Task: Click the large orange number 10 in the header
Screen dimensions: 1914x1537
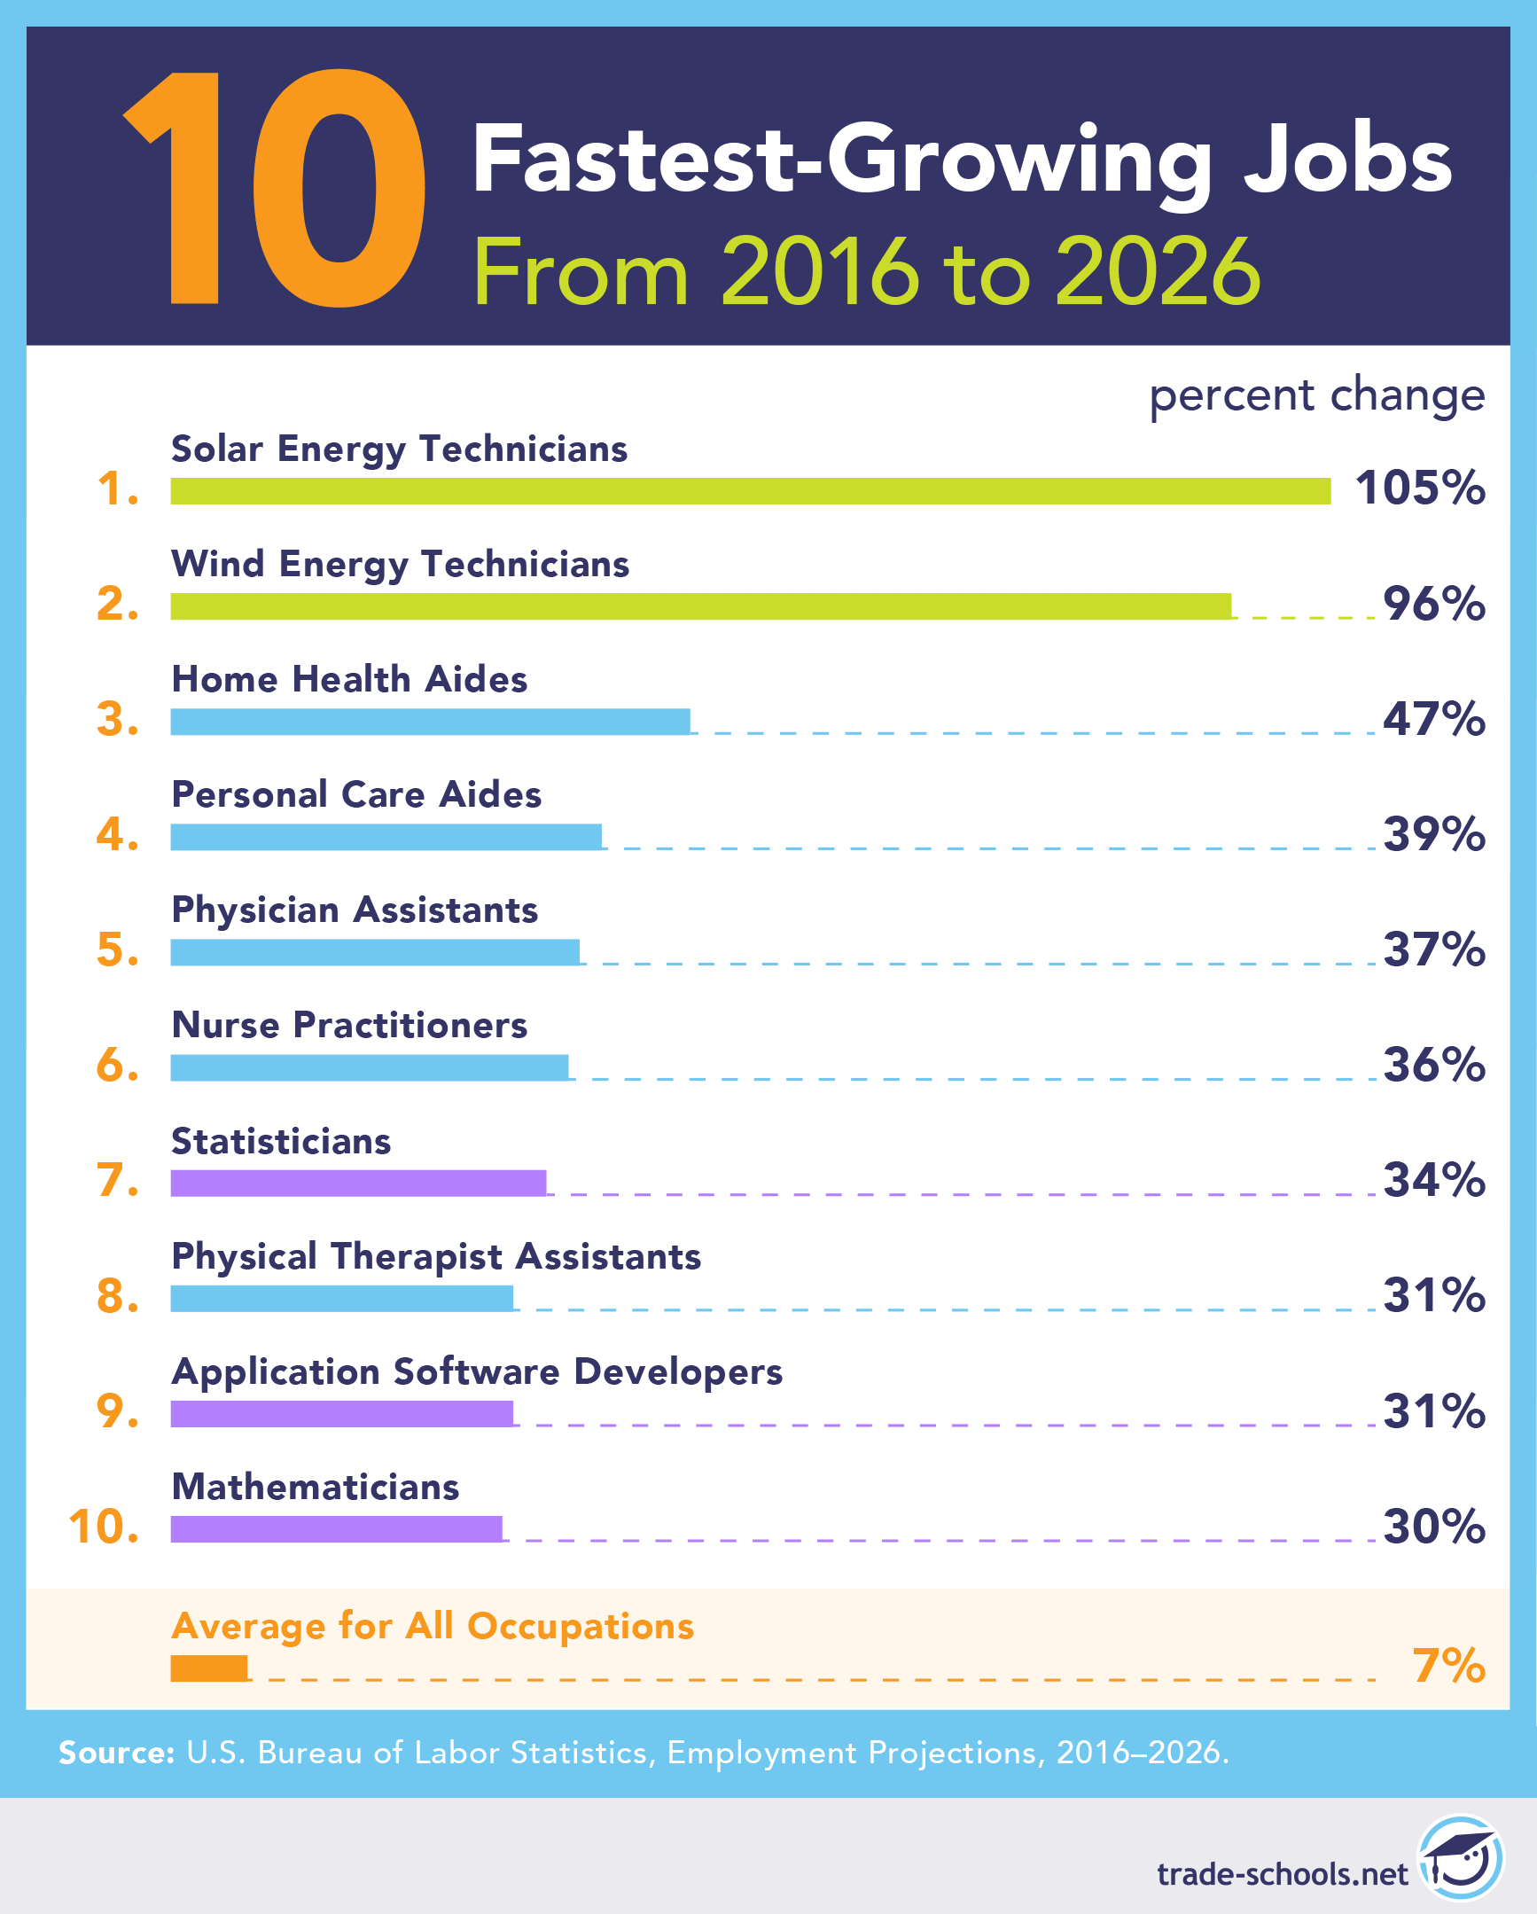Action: click(x=275, y=188)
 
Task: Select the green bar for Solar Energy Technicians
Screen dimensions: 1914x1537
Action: click(x=750, y=491)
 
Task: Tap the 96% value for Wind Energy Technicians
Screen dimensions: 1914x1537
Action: click(x=1433, y=604)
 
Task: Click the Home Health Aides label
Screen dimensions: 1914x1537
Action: click(x=348, y=680)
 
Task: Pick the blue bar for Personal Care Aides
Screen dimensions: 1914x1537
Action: click(x=386, y=837)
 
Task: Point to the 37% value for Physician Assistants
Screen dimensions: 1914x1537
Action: click(x=1433, y=949)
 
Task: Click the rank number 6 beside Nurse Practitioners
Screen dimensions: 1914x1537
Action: click(x=116, y=1066)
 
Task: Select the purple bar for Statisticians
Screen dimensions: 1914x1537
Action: click(x=357, y=1184)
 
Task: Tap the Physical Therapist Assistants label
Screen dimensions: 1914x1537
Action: click(x=436, y=1257)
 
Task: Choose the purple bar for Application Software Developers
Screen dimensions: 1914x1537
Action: click(x=341, y=1414)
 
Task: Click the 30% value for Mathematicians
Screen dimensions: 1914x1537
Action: click(x=1433, y=1527)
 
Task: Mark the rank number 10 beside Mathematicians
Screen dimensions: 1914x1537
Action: click(x=103, y=1527)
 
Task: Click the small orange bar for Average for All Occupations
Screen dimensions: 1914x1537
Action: click(x=208, y=1668)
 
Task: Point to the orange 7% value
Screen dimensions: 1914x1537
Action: click(x=1448, y=1666)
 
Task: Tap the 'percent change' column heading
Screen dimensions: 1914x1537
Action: click(x=1316, y=395)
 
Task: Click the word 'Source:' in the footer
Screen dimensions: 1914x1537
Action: click(x=116, y=1754)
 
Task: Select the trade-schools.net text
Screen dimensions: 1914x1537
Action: click(x=1282, y=1874)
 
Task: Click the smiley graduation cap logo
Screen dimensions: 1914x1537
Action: click(x=1460, y=1858)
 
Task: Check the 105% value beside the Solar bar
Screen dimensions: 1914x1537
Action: click(x=1419, y=488)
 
